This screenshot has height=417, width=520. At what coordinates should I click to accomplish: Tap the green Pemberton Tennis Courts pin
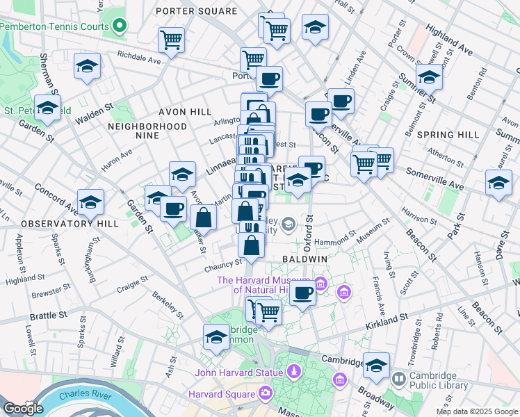tap(120, 26)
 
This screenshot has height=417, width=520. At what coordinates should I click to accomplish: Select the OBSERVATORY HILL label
tap(57, 224)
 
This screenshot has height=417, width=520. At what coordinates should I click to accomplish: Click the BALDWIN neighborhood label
tap(305, 259)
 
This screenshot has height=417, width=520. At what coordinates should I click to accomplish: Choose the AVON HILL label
tap(185, 111)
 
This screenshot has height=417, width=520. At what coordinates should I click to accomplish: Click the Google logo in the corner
tap(23, 409)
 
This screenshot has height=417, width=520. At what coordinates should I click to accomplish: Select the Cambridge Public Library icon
tap(399, 379)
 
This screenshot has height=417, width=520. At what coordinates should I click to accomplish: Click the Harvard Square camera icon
tap(265, 394)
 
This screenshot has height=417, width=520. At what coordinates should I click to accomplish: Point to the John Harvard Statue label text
tap(234, 372)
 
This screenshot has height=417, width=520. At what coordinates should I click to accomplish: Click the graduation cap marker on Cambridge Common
tap(217, 338)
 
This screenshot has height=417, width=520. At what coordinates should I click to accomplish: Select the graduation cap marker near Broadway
tap(376, 366)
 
